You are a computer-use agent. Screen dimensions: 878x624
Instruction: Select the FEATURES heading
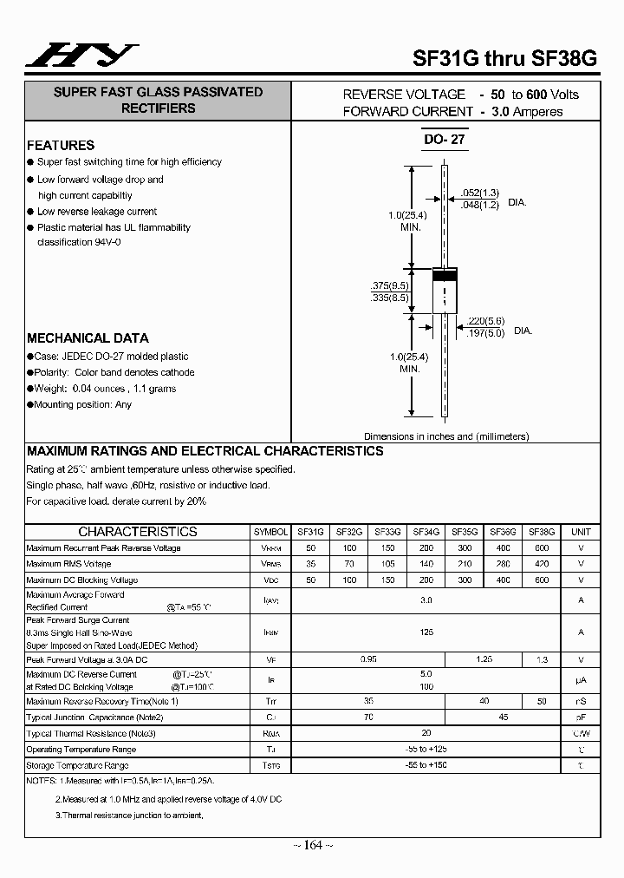pyautogui.click(x=61, y=145)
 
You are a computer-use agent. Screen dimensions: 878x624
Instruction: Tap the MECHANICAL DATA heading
pyautogui.click(x=88, y=338)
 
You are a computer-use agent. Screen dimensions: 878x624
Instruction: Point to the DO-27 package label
pyautogui.click(x=445, y=140)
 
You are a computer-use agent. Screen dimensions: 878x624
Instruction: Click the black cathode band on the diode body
pyautogui.click(x=445, y=276)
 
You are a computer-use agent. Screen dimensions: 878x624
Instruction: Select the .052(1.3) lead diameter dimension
pyautogui.click(x=479, y=193)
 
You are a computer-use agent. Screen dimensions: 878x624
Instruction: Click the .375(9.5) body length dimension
pyautogui.click(x=389, y=285)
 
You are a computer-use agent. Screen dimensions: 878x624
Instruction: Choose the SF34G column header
pyautogui.click(x=426, y=532)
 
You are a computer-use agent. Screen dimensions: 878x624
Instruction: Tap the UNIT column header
pyautogui.click(x=581, y=532)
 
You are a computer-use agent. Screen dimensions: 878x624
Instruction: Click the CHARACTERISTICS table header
pyautogui.click(x=138, y=532)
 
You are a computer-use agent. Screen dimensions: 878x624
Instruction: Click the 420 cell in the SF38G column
pyautogui.click(x=541, y=564)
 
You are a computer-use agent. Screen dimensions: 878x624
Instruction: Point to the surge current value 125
pyautogui.click(x=426, y=632)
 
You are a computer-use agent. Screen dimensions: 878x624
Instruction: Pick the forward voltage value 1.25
pyautogui.click(x=483, y=659)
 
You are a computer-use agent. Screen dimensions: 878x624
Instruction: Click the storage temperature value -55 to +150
pyautogui.click(x=426, y=765)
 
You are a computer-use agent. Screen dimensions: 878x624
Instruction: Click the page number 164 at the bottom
pyautogui.click(x=312, y=845)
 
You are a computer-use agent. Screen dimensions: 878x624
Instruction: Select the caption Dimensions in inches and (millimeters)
pyautogui.click(x=445, y=436)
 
